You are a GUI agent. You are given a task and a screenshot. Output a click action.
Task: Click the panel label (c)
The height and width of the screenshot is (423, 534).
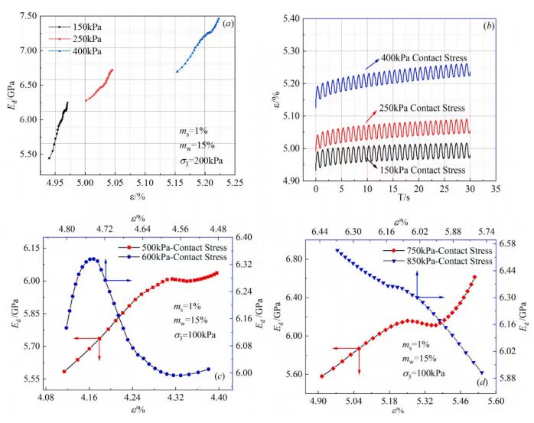point(219,375)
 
